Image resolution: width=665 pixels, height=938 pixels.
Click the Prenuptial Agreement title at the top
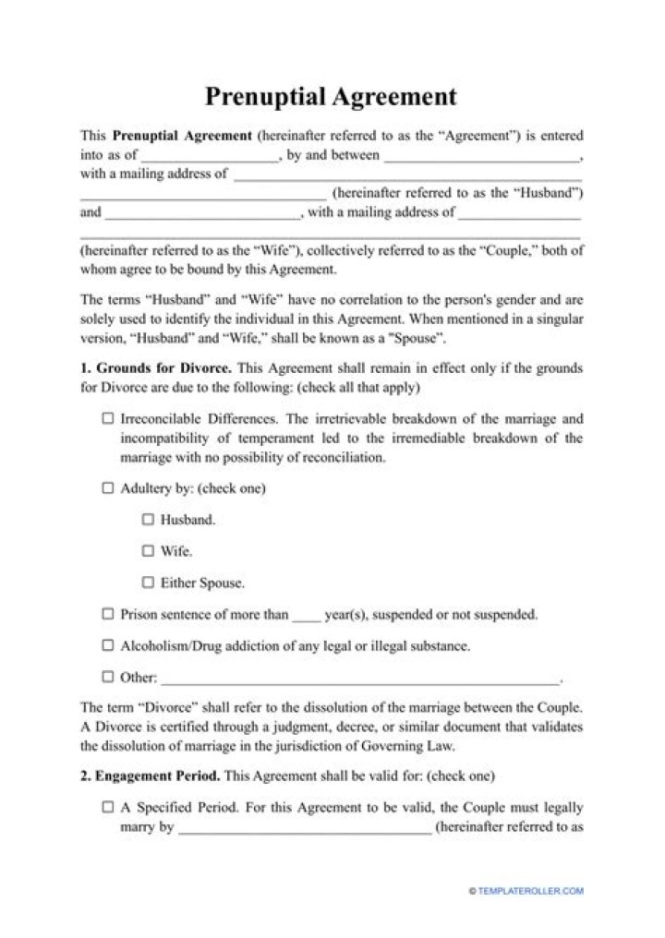coord(331,96)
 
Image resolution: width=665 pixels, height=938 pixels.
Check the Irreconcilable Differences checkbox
coord(108,418)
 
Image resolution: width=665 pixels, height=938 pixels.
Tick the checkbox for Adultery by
coord(108,488)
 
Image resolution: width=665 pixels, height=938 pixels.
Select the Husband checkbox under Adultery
coord(148,520)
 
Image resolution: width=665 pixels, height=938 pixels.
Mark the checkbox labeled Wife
coord(148,551)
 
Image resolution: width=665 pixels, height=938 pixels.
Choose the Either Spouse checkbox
coord(148,583)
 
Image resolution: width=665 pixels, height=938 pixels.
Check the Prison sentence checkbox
coord(108,614)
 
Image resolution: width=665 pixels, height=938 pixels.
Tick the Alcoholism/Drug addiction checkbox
coord(108,645)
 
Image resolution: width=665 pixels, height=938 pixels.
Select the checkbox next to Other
coord(108,677)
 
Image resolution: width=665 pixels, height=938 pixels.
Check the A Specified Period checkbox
coord(108,807)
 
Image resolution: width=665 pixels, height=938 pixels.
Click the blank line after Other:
coord(360,679)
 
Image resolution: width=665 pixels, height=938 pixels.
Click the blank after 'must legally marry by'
coord(304,829)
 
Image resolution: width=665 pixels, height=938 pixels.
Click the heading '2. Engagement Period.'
coord(151,776)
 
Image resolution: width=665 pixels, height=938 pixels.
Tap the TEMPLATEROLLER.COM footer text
coord(530,891)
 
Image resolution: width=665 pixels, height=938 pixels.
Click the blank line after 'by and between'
coord(481,157)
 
